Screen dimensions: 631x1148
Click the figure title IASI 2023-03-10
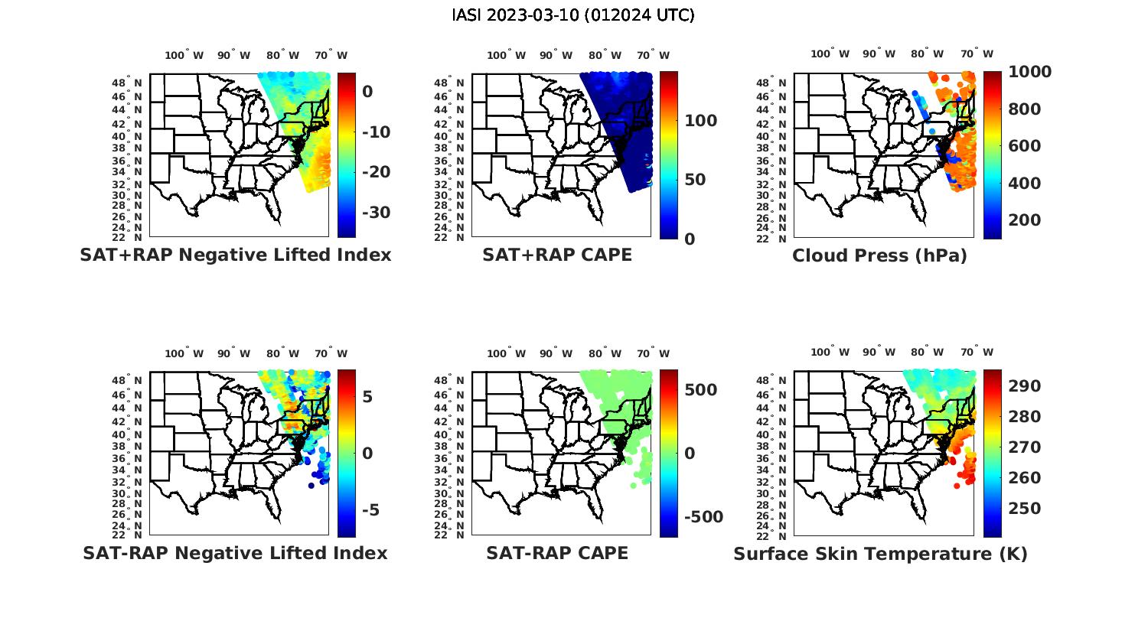(573, 15)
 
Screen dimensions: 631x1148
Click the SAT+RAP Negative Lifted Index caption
(236, 255)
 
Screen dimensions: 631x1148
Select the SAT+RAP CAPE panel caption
(557, 255)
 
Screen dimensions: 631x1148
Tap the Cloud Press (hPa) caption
(879, 256)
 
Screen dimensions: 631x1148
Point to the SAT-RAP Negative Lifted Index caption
(236, 553)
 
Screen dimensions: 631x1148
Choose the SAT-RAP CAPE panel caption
(557, 553)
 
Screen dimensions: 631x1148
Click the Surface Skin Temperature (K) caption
(880, 554)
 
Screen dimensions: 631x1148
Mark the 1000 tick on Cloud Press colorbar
(1029, 72)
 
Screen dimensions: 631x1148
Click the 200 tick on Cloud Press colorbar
(1024, 220)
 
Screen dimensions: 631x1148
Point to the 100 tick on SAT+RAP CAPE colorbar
(700, 121)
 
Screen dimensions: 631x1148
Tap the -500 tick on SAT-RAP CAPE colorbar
(703, 517)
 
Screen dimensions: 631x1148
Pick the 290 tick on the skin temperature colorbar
(1024, 386)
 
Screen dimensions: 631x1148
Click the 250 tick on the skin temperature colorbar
(1024, 509)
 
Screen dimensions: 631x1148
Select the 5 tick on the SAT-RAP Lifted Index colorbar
(367, 396)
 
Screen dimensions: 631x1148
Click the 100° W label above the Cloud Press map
(830, 54)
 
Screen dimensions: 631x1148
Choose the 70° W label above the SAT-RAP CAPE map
(653, 353)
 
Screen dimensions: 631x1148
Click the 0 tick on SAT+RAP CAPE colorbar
(690, 239)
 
